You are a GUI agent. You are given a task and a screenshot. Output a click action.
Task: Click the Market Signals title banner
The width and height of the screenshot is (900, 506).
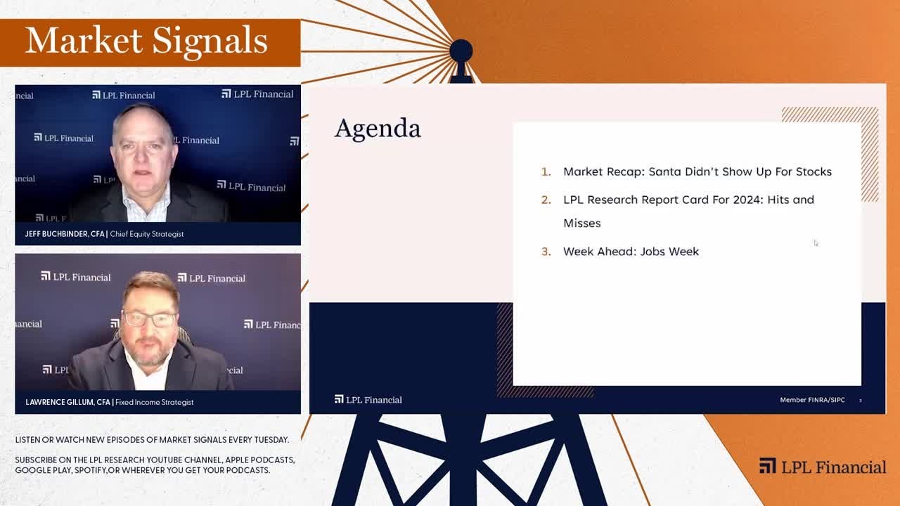point(146,41)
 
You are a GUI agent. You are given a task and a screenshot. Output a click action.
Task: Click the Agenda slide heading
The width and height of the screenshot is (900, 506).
point(378,129)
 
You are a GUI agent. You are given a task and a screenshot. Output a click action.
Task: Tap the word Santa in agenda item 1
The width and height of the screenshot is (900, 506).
point(666,171)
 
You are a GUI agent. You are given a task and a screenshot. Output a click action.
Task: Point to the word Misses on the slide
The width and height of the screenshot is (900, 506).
point(581,223)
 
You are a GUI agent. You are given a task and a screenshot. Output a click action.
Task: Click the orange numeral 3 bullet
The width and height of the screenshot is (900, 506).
point(546,252)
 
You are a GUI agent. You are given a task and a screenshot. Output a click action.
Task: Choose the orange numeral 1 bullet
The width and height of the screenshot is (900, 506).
point(546,171)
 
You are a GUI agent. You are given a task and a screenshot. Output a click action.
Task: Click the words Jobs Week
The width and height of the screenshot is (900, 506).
point(669,252)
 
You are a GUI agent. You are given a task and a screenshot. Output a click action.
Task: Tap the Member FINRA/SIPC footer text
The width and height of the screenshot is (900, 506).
point(812,400)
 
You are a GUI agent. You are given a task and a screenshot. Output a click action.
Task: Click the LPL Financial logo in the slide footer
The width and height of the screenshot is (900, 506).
point(368,400)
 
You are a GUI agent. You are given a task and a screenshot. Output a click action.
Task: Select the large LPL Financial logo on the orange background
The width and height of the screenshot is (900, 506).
point(823,467)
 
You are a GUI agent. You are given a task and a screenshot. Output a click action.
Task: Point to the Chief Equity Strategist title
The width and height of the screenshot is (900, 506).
point(147,234)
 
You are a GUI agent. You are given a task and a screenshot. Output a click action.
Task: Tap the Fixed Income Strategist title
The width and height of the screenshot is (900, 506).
point(154,402)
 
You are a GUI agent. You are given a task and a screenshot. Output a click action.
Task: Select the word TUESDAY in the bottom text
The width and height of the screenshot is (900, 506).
point(271,440)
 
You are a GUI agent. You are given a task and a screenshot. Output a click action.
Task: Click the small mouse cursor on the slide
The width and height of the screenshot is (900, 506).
point(816,243)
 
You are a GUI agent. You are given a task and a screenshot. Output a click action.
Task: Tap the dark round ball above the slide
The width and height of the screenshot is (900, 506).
point(461,51)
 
